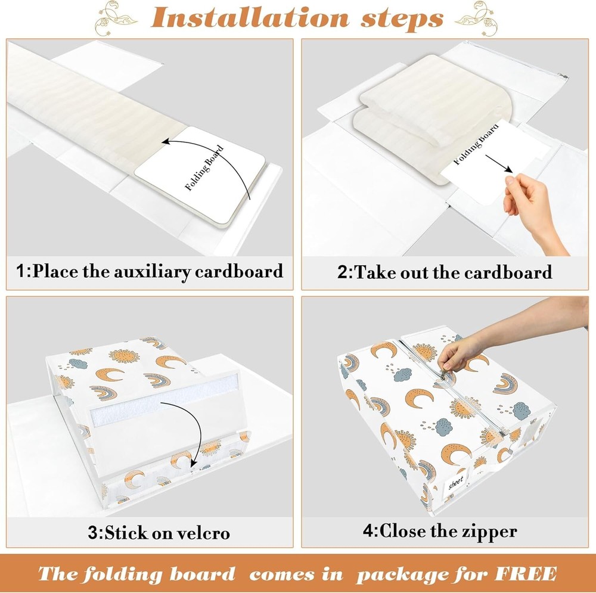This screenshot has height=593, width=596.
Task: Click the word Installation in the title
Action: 250,18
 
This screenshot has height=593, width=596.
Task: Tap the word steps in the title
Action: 402,19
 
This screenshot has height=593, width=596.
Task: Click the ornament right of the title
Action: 477,17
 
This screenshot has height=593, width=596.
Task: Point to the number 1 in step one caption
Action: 21,271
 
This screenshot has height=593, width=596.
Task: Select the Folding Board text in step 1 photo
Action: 204,168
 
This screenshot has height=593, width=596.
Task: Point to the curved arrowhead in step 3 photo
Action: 194,462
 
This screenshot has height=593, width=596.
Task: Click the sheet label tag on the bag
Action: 455,482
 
